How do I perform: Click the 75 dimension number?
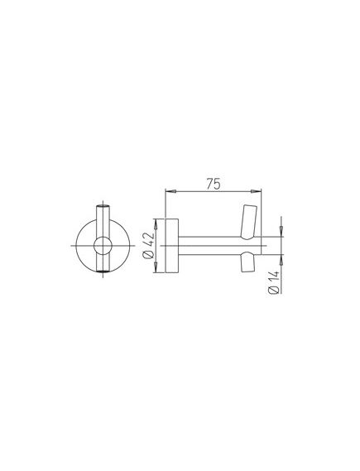pos(214,184)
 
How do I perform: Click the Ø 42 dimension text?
pos(149,245)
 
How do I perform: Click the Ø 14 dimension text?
pos(275,282)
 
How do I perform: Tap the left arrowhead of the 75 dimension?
pos(170,191)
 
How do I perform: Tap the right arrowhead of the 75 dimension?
pos(256,191)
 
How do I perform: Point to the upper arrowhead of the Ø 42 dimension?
pos(156,224)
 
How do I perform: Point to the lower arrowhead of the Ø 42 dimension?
pos(156,267)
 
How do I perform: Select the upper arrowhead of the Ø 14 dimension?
pos(281,232)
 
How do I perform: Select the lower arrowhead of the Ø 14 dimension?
pos(281,260)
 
